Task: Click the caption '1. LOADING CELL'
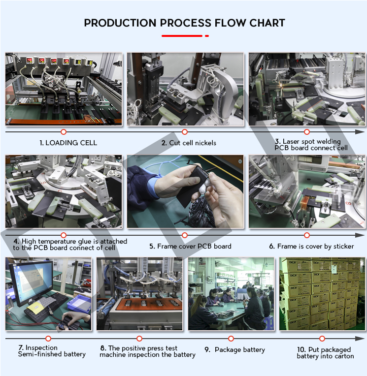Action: tap(68, 143)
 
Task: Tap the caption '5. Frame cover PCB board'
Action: tap(190, 246)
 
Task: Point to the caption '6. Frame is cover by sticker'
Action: tap(311, 246)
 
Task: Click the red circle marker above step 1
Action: tap(63, 132)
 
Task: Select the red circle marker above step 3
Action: tap(307, 132)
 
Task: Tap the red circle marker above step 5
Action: tap(185, 235)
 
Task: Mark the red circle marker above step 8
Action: tap(139, 339)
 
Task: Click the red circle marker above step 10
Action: tap(322, 339)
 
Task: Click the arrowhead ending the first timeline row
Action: tap(360, 132)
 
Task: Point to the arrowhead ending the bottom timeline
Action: tap(360, 339)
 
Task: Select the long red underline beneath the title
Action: tap(182, 36)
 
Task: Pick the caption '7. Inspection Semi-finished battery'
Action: tap(51, 351)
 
